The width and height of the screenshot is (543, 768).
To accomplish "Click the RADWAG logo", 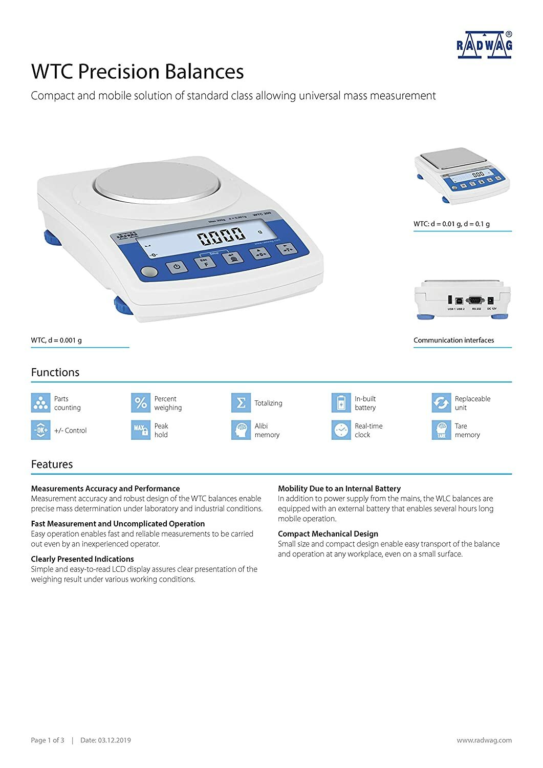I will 484,45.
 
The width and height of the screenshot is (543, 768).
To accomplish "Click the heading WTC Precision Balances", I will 137,72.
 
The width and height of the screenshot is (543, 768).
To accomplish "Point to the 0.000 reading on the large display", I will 222,236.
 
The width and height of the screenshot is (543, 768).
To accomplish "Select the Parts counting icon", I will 40,403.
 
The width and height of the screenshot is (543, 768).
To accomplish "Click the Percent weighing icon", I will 141,403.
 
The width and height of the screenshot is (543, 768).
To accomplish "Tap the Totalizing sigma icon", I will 241,403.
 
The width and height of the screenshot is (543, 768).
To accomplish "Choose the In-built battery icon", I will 341,403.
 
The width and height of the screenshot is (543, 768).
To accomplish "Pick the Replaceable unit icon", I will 441,403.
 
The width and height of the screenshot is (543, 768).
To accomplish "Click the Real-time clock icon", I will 341,430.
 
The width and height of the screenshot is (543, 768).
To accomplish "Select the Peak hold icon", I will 141,430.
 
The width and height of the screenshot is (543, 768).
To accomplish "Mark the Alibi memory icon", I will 241,430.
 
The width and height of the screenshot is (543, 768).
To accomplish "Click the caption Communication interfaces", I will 453,340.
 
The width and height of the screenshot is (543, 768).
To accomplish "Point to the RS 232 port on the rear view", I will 476,302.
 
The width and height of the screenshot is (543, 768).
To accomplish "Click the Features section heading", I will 52,464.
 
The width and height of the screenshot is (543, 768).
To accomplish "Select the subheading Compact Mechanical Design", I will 328,534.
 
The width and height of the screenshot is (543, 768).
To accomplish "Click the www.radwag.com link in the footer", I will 484,740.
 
